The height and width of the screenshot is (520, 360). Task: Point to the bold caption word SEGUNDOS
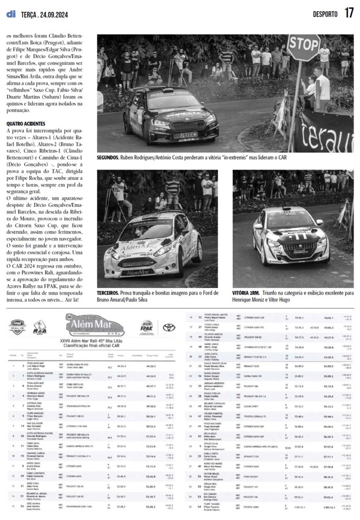tap(107, 157)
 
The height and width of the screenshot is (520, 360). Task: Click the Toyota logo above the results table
tap(169, 327)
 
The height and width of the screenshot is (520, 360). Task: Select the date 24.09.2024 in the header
tap(52, 14)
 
